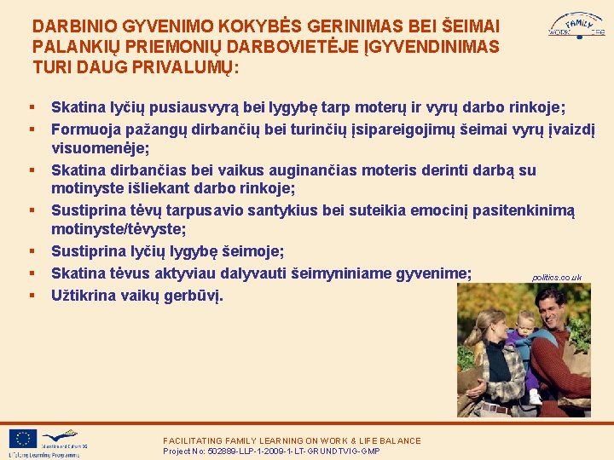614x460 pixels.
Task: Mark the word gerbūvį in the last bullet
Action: coord(194,296)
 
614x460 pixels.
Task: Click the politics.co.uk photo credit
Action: coord(556,278)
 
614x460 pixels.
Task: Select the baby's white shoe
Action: coord(534,396)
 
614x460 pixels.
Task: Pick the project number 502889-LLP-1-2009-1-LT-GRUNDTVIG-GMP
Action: coord(271,451)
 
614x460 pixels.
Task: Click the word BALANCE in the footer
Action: coord(398,440)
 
